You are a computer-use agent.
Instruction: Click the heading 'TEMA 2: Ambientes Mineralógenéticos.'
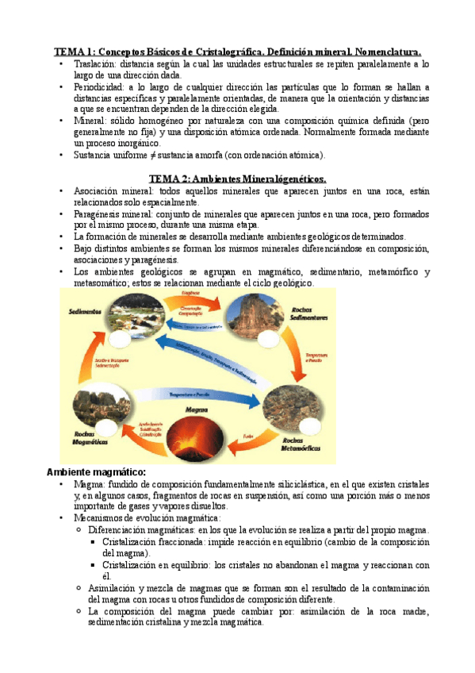pos(237,179)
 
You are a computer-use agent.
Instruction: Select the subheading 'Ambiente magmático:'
pos(97,472)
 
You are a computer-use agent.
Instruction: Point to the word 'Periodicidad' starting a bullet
pos(100,87)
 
